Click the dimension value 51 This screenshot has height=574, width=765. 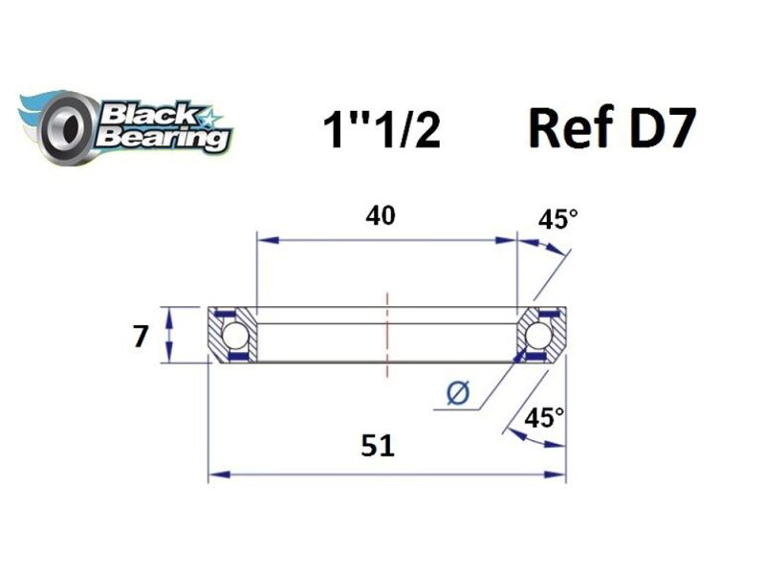(380, 446)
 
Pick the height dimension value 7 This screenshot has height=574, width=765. (142, 337)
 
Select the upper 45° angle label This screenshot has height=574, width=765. (558, 220)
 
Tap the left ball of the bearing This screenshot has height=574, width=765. (231, 336)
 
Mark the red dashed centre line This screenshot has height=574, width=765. (387, 335)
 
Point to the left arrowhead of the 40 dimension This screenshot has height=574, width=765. (262, 240)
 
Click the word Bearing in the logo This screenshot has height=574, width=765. (158, 138)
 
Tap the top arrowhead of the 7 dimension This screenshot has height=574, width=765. (169, 314)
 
